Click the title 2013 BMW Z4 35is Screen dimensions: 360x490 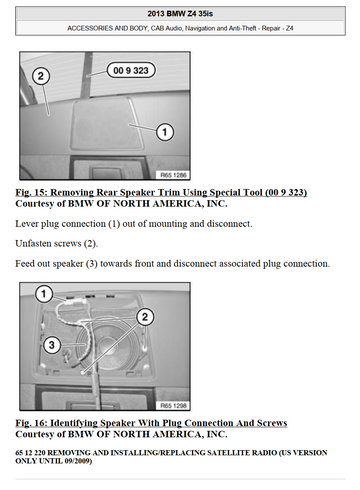coord(180,14)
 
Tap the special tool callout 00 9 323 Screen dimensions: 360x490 coord(131,70)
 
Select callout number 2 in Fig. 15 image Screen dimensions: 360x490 coord(41,76)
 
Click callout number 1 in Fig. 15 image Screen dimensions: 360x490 coord(165,132)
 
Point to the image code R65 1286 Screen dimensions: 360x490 coord(173,175)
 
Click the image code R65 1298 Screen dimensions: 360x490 coord(173,406)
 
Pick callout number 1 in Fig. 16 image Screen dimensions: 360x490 coord(44,294)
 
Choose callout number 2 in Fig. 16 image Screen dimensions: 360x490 coord(145,317)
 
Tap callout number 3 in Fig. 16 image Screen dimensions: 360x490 coord(52,345)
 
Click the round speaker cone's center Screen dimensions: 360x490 coord(109,347)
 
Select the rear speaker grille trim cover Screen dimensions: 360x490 coord(107,124)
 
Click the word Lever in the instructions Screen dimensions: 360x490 coord(27,223)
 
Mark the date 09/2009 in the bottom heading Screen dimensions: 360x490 coord(75,461)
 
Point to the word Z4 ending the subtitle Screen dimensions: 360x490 coord(289,28)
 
